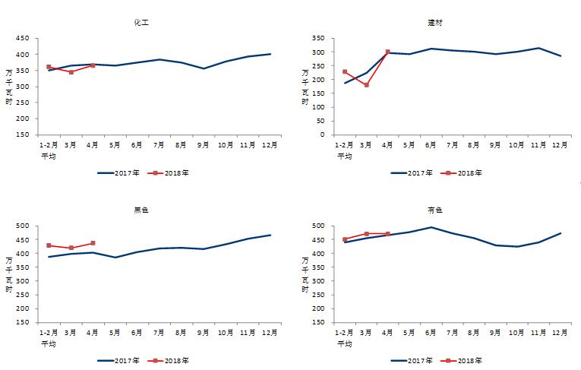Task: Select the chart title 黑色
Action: point(141,210)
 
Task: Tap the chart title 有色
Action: point(435,210)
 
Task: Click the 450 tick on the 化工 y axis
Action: point(24,39)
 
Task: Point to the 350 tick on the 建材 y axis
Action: point(318,38)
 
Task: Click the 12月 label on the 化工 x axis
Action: point(270,144)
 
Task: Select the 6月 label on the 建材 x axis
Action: point(431,144)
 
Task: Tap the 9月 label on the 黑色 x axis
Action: point(203,332)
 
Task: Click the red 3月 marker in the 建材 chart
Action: point(366,85)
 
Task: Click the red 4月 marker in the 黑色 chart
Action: point(93,243)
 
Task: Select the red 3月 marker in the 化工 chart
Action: point(71,72)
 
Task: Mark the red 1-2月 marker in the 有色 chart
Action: point(345,239)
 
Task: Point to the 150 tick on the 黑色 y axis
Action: point(24,323)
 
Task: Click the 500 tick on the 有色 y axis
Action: point(318,226)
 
